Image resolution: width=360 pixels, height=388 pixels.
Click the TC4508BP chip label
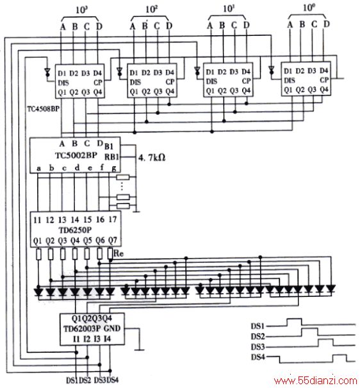44,109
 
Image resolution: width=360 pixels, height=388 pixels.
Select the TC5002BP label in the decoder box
76,155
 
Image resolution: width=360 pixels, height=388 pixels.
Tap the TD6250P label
75,230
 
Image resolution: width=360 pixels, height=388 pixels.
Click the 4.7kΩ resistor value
152,158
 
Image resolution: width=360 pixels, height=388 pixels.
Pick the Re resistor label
119,253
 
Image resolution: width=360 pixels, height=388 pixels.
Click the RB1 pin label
111,157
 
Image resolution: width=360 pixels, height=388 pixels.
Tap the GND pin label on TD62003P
112,328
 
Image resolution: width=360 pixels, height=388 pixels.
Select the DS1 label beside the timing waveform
258,326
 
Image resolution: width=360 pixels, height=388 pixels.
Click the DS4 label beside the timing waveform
258,357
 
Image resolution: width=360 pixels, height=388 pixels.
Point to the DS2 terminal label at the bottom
85,380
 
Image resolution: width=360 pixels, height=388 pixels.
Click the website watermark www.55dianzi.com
316,380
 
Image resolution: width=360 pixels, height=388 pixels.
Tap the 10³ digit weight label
82,10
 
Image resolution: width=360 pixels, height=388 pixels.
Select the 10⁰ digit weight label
309,8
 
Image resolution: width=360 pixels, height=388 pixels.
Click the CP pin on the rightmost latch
324,80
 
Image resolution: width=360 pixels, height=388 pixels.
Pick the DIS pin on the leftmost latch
63,83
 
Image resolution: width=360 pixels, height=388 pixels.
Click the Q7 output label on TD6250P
113,240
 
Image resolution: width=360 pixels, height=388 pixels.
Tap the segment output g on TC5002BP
114,168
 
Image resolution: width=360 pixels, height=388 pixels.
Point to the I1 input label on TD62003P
76,339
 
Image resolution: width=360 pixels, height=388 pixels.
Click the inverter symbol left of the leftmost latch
47,72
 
